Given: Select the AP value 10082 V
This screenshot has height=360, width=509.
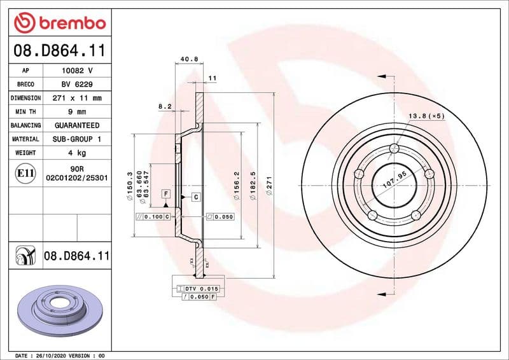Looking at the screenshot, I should coord(76,71).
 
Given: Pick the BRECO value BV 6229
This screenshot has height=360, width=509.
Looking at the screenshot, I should coord(76,85).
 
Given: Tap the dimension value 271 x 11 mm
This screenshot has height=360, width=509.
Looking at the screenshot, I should coord(76,99).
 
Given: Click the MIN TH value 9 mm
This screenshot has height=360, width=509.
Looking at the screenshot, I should coord(76,112).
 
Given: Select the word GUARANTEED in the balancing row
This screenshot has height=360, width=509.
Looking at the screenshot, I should coord(76,126).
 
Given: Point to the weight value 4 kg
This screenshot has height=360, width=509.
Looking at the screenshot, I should coord(76,153).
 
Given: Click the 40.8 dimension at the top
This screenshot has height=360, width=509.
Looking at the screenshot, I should coord(189,59).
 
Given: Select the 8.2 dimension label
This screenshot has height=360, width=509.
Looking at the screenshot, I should coord(165,107).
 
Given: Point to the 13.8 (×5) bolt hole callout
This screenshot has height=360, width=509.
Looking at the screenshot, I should coord(425,116).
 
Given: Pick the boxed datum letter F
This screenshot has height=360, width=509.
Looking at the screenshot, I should coord(165,193).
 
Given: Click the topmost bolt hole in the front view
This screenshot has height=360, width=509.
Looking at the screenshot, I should coord(394,149).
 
